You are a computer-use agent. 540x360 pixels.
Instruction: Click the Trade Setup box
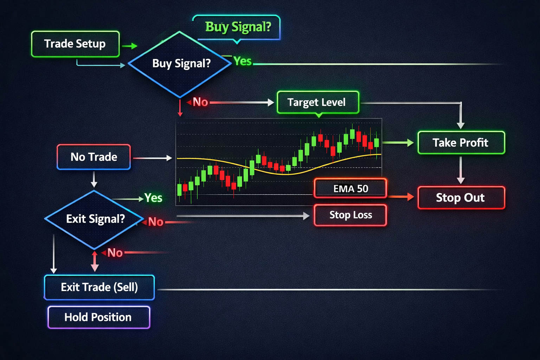tap(75, 44)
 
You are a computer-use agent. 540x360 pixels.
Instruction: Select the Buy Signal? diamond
tap(180, 64)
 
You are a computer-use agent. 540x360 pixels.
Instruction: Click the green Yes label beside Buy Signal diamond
tap(243, 61)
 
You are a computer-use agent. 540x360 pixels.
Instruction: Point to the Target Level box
tap(318, 102)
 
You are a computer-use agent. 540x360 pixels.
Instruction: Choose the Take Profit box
tap(461, 142)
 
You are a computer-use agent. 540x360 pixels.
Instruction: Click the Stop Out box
tap(461, 198)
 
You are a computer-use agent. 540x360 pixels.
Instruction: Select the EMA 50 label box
tap(351, 188)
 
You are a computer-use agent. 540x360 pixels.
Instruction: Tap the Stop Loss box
tap(351, 215)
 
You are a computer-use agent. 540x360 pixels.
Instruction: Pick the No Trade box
tap(94, 157)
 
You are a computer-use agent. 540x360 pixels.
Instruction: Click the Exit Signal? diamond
tap(94, 219)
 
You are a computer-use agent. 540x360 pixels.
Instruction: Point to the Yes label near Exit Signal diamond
tap(153, 198)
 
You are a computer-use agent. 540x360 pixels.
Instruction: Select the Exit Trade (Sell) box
tap(99, 287)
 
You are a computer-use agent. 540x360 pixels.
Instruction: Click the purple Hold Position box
tap(99, 317)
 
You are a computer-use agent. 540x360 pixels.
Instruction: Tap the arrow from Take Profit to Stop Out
tap(461, 170)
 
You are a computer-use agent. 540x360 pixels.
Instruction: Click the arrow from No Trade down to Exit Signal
tap(94, 179)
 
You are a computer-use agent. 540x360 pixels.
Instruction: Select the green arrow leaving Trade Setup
tap(130, 46)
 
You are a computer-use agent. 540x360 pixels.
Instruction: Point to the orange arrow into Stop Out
tap(401, 197)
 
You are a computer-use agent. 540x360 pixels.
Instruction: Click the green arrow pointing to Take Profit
tap(398, 142)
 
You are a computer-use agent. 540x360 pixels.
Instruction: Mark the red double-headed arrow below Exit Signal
tap(95, 261)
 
